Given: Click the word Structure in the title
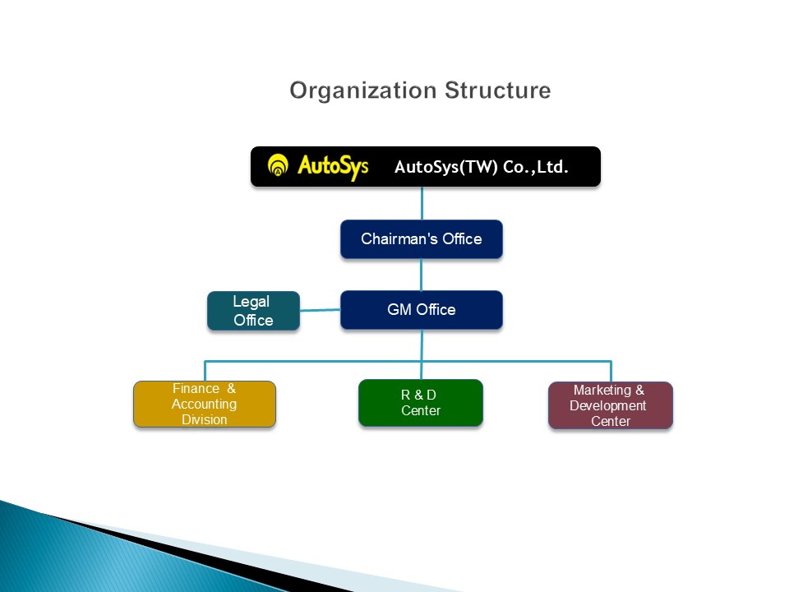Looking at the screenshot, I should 497,90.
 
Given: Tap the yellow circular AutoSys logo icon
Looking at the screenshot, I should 279,166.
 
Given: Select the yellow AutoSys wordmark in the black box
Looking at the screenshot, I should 332,166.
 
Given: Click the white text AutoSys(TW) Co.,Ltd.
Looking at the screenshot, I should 482,168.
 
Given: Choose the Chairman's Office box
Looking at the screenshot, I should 422,239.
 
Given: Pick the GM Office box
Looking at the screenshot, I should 422,310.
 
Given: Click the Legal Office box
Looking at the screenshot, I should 253,311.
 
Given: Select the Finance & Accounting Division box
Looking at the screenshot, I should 204,404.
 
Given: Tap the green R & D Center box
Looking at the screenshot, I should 420,403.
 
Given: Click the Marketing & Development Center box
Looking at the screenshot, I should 610,405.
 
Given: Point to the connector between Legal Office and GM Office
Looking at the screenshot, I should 320,310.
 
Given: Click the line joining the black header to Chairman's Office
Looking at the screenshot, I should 422,203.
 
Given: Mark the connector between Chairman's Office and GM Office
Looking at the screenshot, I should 422,275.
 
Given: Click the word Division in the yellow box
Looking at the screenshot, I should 204,419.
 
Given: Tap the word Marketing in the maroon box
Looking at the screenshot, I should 608,391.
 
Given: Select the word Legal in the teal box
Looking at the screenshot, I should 251,302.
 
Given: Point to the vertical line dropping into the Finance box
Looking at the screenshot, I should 205,371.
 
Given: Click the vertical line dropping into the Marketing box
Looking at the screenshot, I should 611,372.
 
